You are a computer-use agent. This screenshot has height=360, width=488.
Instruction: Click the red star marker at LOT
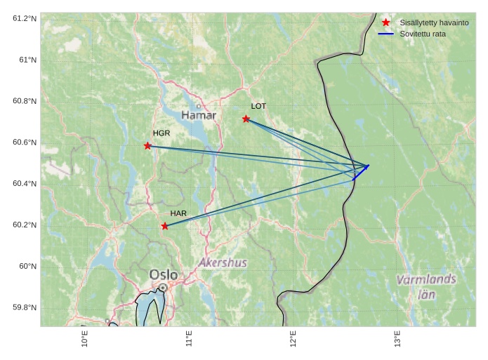point(246,119)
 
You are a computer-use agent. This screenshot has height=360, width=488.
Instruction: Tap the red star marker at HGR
point(147,145)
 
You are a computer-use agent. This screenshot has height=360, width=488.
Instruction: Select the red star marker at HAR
point(164,226)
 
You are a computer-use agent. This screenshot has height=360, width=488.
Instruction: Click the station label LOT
point(258,106)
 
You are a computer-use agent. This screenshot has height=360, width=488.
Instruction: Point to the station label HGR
point(161,133)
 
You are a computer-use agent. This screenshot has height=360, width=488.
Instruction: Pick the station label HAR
point(178,213)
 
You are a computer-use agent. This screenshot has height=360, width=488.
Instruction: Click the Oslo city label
point(164,274)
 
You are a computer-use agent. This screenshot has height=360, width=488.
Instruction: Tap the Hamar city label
point(199,114)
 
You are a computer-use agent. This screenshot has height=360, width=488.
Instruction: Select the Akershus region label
point(223,262)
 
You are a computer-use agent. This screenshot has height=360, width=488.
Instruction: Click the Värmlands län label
point(426,286)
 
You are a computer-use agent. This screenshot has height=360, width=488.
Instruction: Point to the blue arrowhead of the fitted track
point(367,166)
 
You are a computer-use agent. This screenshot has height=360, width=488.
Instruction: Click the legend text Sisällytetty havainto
point(434,22)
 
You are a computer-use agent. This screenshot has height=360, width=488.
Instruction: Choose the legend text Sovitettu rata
point(423,34)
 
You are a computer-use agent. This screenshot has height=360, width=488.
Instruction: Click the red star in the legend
point(385,22)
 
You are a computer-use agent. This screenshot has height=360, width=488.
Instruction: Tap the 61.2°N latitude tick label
point(24,18)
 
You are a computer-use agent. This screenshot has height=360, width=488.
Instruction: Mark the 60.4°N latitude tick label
point(24,183)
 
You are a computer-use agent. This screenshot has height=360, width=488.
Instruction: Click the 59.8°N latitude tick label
point(24,307)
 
